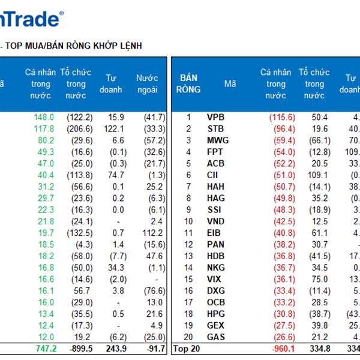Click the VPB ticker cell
217,118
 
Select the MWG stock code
217,140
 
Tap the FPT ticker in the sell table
215,152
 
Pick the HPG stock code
216,314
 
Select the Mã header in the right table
230,84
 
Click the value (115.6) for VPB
282,118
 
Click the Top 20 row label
187,349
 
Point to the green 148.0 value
44,118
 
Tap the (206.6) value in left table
80,129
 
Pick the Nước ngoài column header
147,84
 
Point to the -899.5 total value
79,349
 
